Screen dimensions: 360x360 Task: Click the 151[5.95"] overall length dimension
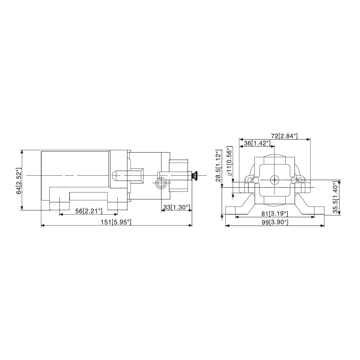click(116, 222)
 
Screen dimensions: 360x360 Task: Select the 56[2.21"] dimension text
click(89, 211)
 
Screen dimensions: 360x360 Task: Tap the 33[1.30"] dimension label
click(176, 207)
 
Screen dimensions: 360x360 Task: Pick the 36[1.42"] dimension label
click(257, 143)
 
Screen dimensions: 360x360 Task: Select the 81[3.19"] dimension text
click(274, 214)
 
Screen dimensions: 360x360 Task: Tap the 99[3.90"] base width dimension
click(274, 222)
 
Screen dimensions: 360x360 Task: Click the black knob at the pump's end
click(194, 175)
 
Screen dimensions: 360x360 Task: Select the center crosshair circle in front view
click(274, 180)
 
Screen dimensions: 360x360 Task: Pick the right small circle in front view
click(294, 180)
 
